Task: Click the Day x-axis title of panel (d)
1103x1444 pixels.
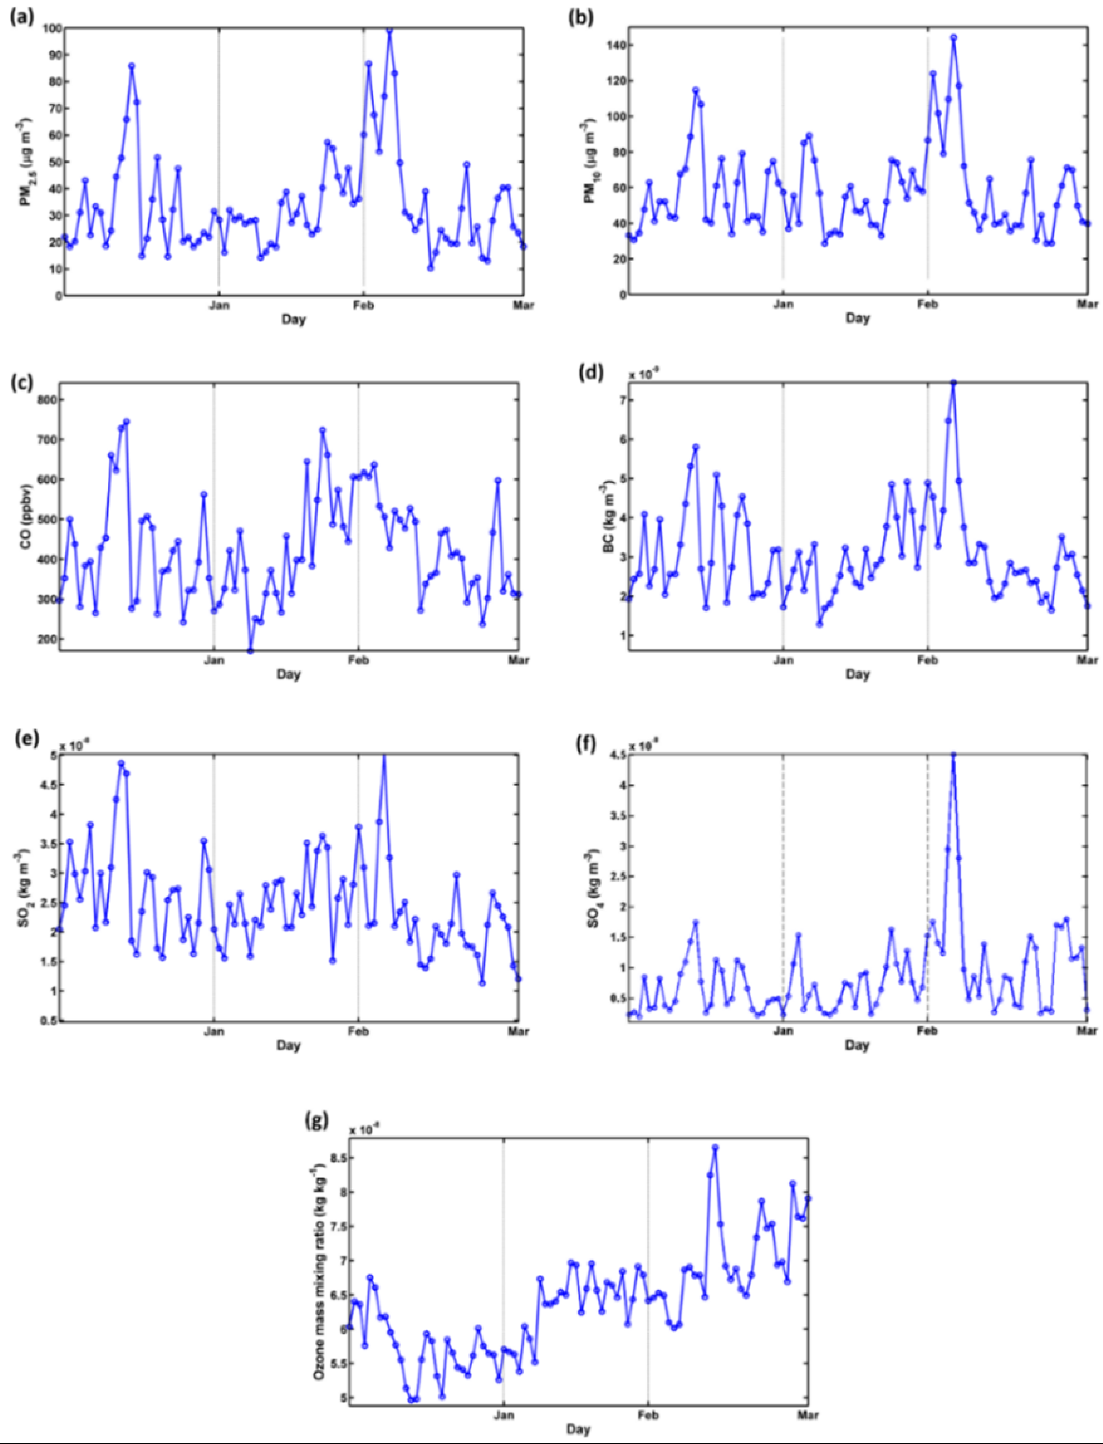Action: (857, 674)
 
